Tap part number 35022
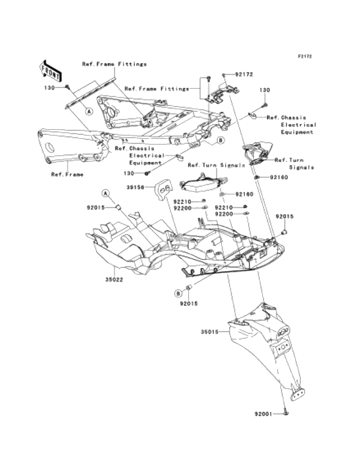point(114,280)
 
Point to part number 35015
point(210,332)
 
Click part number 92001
point(264,414)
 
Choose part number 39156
point(135,187)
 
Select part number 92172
point(244,75)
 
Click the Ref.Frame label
point(67,175)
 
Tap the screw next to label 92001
point(285,414)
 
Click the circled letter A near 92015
point(105,194)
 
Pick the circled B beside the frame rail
point(221,140)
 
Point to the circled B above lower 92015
point(178,293)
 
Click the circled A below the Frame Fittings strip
point(89,111)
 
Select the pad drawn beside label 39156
point(163,189)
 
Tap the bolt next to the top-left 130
point(67,87)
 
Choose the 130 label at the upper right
point(265,90)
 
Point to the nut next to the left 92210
point(203,200)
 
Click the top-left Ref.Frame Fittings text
point(114,64)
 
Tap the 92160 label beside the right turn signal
point(279,177)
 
